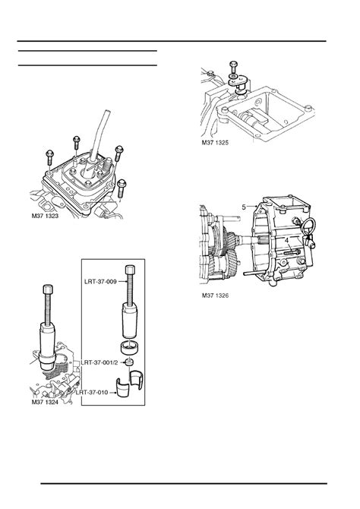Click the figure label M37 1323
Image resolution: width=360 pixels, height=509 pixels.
click(x=45, y=216)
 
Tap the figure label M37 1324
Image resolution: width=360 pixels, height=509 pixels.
click(x=45, y=402)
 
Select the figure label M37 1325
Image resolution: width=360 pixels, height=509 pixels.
click(x=215, y=143)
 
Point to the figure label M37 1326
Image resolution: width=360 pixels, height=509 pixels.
click(x=215, y=296)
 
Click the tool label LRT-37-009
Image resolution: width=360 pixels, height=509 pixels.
click(x=100, y=282)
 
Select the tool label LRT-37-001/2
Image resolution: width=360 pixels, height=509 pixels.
click(x=99, y=362)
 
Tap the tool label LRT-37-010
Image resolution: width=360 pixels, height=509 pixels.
click(x=92, y=393)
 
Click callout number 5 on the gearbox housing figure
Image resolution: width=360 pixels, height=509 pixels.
click(x=244, y=207)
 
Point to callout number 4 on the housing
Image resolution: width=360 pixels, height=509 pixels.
click(x=286, y=241)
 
